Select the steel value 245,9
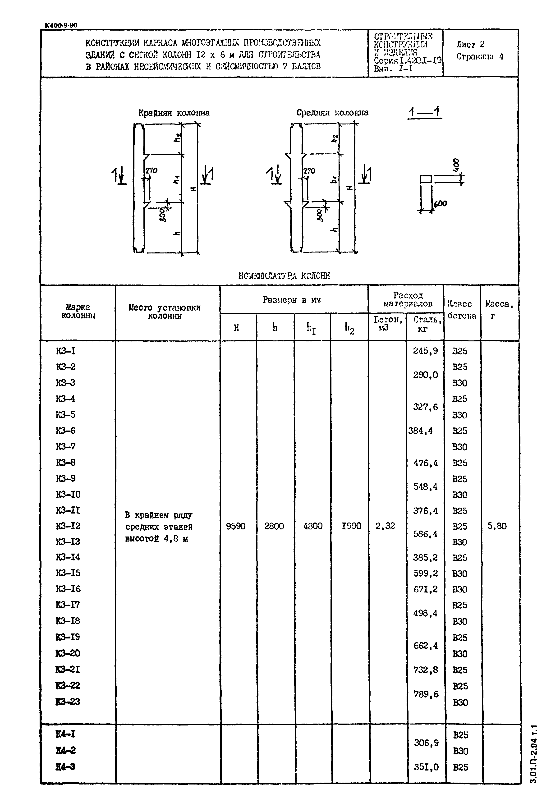(425, 351)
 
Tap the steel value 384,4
(420, 431)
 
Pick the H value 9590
(236, 526)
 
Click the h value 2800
(274, 526)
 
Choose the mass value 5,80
(497, 526)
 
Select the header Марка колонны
(78, 311)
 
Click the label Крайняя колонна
(174, 113)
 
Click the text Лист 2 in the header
(470, 45)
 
